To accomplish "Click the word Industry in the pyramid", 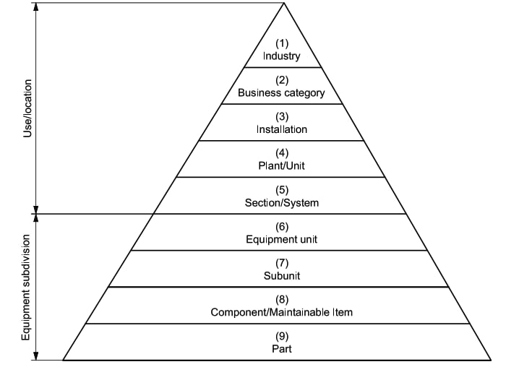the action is coord(281,56).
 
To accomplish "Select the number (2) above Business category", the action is coord(282,80).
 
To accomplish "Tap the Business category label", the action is coord(281,93).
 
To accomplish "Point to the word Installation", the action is coord(282,129).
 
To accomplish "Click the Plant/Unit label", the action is coord(282,165).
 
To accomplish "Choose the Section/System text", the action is coord(282,202).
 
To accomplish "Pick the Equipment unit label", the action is coord(282,239).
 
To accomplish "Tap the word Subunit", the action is coord(282,276).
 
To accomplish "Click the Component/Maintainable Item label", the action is coord(282,312).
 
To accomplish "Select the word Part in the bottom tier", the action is coord(282,349).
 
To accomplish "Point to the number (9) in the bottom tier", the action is coord(282,336).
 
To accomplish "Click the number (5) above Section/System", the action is coord(282,189).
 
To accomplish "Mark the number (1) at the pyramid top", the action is coord(282,43).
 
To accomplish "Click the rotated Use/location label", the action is coord(28,108).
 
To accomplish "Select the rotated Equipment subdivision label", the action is coord(26,287).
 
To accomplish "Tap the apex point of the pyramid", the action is coord(283,3).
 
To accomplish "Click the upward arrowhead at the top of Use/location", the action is coord(36,7).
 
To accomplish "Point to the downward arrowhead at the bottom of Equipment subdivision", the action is coord(36,355).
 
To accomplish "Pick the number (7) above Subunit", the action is coord(282,263).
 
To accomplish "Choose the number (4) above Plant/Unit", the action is coord(282,153).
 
